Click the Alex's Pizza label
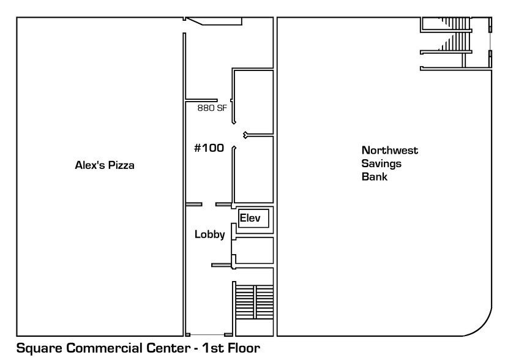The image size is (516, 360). [x=104, y=165]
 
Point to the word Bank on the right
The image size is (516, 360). [x=375, y=177]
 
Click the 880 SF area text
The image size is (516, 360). [x=212, y=108]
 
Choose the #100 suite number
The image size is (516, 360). [x=209, y=148]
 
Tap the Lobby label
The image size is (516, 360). [x=210, y=234]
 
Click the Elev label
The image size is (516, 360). [x=250, y=218]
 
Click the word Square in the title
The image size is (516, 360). [x=39, y=350]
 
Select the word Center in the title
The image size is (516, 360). [x=163, y=350]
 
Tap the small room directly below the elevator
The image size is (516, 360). [x=253, y=251]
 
